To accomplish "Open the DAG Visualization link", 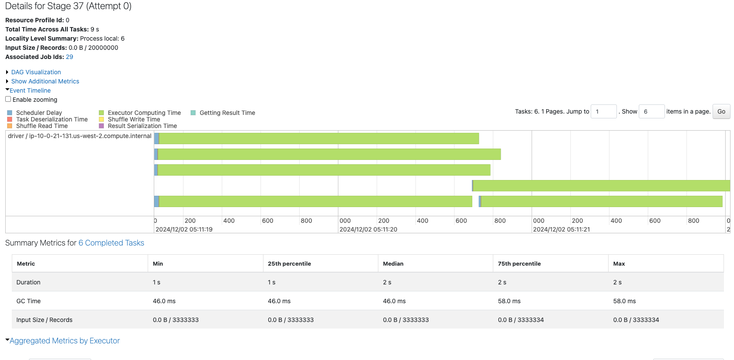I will click(36, 72).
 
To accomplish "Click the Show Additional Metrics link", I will click(45, 81).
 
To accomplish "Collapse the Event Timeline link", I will click(30, 90).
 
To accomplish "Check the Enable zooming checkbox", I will click(8, 99).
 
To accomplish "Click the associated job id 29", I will click(69, 57).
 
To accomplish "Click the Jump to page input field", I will click(603, 111).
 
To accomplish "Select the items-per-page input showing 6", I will click(651, 111).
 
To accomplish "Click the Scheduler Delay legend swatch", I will click(10, 113).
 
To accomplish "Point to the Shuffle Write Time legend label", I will click(134, 119).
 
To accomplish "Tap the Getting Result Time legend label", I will click(227, 113).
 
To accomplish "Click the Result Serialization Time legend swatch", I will click(101, 126).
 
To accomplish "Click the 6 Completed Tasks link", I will click(111, 243).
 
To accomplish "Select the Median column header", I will click(393, 263).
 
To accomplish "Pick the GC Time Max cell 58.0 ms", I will click(624, 301).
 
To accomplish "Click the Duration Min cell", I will click(156, 282).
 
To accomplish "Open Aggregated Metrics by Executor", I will click(64, 341).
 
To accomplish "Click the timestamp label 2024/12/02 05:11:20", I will click(368, 229).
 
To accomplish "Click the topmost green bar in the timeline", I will click(319, 138).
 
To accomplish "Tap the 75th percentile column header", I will click(519, 263).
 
